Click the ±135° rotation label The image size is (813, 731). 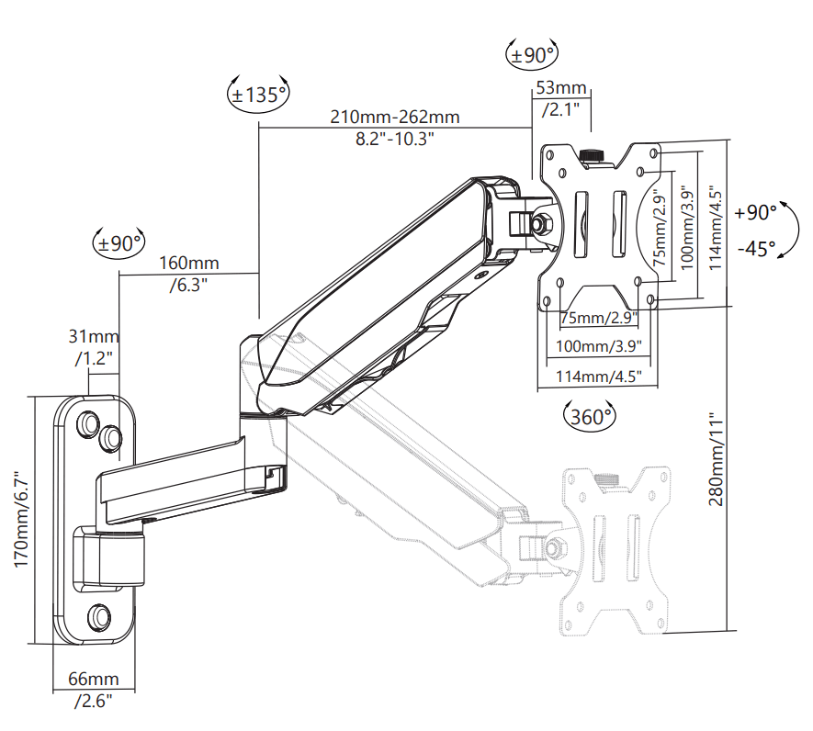[x=259, y=95]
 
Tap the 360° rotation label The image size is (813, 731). [x=590, y=416]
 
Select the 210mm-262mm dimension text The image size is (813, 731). [x=395, y=117]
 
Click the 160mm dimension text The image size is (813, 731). [x=188, y=263]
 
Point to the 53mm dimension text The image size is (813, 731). [x=561, y=87]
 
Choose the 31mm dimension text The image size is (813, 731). [x=94, y=336]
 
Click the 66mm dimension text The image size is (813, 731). [x=94, y=679]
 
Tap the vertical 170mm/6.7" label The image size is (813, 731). [x=22, y=519]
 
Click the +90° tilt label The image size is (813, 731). [x=755, y=212]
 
